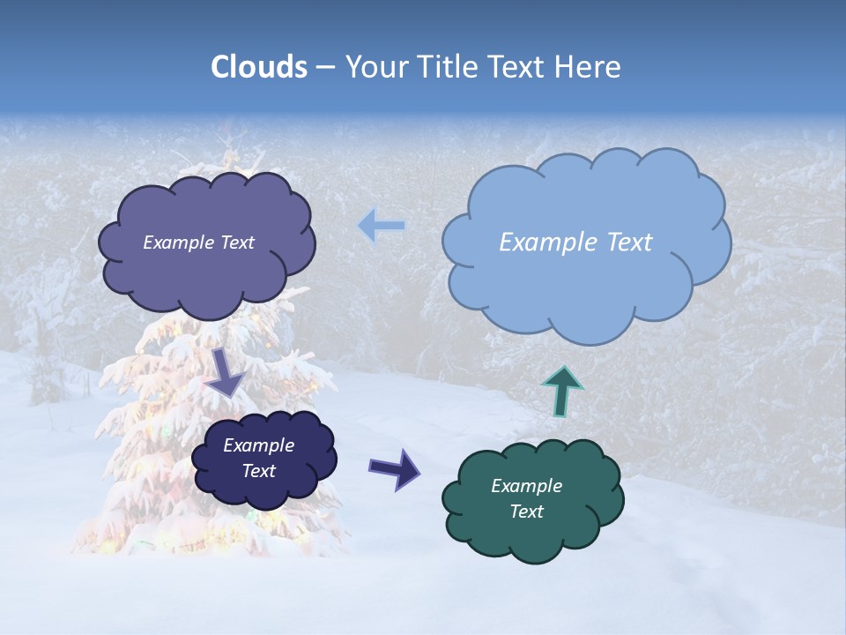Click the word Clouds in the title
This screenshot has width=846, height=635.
pyautogui.click(x=259, y=67)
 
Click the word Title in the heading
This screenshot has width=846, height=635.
pyautogui.click(x=445, y=67)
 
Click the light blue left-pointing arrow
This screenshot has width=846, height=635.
pyautogui.click(x=381, y=226)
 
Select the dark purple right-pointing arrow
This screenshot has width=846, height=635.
pyautogui.click(x=394, y=468)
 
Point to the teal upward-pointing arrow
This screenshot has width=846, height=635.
pyautogui.click(x=561, y=390)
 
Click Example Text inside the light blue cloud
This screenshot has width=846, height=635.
pyautogui.click(x=575, y=243)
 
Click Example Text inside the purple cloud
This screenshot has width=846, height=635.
pyautogui.click(x=198, y=243)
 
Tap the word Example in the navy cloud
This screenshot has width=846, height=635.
pyautogui.click(x=258, y=445)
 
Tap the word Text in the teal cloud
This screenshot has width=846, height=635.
pyautogui.click(x=527, y=512)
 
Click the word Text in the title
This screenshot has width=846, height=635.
pyautogui.click(x=520, y=67)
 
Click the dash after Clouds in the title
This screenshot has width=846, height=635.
pyautogui.click(x=325, y=68)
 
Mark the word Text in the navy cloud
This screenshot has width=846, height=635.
pyautogui.click(x=258, y=471)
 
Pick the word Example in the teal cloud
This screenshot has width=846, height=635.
pyautogui.click(x=527, y=486)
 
